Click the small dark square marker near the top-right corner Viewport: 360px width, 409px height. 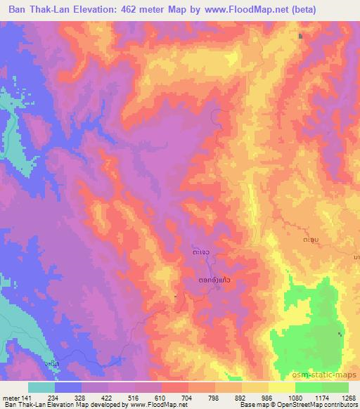301,36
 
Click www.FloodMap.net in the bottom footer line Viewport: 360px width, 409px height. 160,405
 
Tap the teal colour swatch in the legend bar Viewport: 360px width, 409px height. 41,387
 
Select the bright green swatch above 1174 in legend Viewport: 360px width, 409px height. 321,387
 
